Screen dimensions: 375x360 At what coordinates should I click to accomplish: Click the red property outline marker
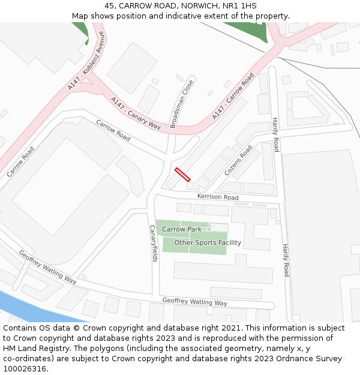(x=182, y=175)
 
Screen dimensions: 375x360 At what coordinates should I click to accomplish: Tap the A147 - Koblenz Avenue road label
(x=86, y=62)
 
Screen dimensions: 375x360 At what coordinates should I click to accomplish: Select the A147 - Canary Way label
(x=136, y=113)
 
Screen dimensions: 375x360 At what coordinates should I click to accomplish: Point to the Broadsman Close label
(x=182, y=104)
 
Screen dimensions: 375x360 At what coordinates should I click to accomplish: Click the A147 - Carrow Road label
(x=233, y=96)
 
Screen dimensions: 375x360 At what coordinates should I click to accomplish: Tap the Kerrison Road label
(x=218, y=197)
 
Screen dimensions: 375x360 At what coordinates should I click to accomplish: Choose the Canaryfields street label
(x=153, y=244)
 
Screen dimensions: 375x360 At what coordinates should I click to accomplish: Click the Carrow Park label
(x=182, y=229)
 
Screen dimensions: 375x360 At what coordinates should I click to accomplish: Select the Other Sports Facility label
(x=208, y=243)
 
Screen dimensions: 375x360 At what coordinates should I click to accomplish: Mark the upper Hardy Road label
(x=275, y=134)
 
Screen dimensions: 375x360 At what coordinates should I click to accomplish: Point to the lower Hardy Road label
(x=286, y=260)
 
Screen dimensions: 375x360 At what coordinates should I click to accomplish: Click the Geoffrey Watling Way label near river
(x=47, y=267)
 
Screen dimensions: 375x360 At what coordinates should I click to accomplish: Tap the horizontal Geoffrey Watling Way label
(x=195, y=301)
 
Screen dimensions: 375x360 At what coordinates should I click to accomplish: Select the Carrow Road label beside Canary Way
(x=113, y=130)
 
